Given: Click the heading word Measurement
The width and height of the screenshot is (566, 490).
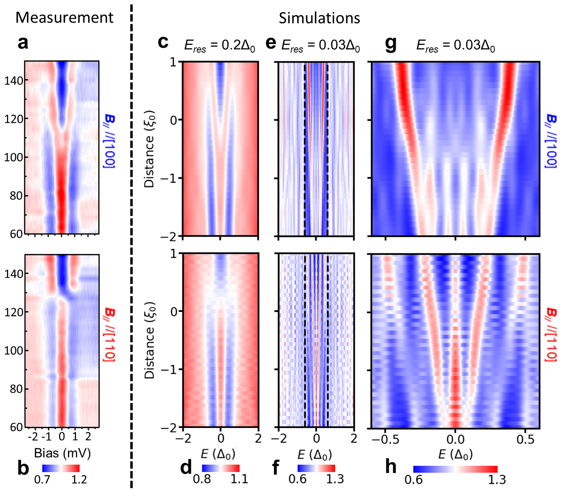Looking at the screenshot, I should (64, 18).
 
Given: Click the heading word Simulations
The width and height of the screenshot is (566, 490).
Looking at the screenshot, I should (319, 18).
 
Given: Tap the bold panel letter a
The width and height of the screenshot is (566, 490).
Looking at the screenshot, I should (23, 43).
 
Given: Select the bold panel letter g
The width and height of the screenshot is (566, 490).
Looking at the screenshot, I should (391, 43).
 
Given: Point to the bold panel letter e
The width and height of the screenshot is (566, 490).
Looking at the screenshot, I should (271, 43).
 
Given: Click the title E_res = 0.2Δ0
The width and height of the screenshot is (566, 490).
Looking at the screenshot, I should (220, 46).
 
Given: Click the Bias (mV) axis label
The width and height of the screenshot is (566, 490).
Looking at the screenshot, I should (62, 453).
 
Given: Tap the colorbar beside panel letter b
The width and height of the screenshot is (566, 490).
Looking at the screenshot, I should (61, 468).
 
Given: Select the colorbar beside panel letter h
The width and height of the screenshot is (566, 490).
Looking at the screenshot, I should (455, 469).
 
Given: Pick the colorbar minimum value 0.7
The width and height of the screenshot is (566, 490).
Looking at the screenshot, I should (42, 480).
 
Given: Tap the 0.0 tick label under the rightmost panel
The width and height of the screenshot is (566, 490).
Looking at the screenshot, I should (455, 439).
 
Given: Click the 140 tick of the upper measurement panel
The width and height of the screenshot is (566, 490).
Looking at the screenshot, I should (14, 81).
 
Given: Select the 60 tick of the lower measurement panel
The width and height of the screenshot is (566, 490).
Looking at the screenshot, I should (16, 428).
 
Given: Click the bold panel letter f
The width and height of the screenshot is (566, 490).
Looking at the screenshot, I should (276, 468).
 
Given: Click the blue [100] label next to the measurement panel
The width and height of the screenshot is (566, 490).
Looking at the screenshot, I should (110, 141).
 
